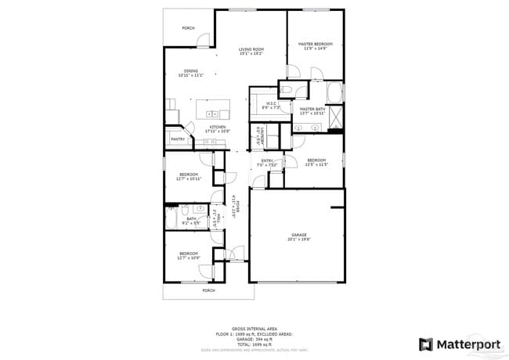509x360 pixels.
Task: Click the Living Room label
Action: tap(251, 51)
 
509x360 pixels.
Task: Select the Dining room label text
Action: tap(190, 73)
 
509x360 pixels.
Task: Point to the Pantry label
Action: tap(178, 139)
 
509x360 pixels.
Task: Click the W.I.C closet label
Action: tap(271, 105)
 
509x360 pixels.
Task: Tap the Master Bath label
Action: tap(312, 111)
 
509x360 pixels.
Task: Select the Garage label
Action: tap(298, 236)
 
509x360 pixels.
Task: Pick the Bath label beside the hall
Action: tap(191, 221)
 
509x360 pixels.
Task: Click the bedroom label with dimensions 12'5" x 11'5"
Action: tap(316, 162)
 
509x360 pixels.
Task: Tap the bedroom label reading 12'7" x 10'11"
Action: tap(189, 176)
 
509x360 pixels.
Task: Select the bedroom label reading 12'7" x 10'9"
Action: tap(189, 255)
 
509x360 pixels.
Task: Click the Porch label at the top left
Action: tap(188, 28)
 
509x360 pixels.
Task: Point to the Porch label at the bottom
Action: tap(208, 290)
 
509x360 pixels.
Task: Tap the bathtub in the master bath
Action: tap(335, 92)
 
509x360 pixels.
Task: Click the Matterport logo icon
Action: tap(426, 344)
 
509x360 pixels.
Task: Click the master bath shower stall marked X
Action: tap(336, 117)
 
